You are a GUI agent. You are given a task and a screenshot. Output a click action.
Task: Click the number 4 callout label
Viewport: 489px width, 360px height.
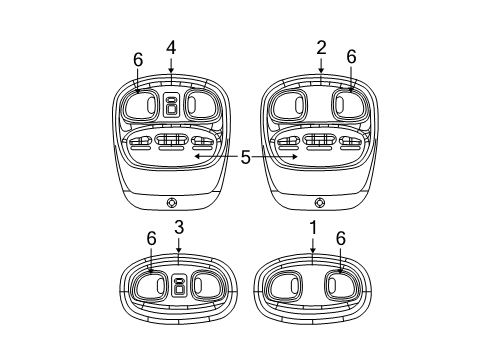(x=171, y=47)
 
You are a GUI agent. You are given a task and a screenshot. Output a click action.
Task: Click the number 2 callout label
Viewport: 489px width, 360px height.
(x=321, y=47)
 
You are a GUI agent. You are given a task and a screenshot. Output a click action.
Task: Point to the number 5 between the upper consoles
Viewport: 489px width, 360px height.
(x=245, y=157)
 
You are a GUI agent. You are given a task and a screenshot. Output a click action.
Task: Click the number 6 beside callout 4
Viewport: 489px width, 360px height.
(x=138, y=60)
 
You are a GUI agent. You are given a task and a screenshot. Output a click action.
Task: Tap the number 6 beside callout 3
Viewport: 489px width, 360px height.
(x=151, y=239)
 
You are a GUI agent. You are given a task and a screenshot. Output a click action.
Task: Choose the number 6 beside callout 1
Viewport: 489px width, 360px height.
(x=340, y=239)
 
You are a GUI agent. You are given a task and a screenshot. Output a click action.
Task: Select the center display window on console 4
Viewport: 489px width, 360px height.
(x=171, y=105)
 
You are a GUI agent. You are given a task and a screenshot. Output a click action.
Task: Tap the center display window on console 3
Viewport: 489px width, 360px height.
(x=178, y=285)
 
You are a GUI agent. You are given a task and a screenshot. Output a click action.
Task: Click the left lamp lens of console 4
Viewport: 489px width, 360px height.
(x=143, y=105)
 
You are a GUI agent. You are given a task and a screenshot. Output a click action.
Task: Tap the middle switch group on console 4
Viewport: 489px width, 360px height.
(x=171, y=142)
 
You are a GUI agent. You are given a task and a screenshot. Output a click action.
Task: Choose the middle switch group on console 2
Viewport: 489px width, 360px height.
(x=321, y=142)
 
